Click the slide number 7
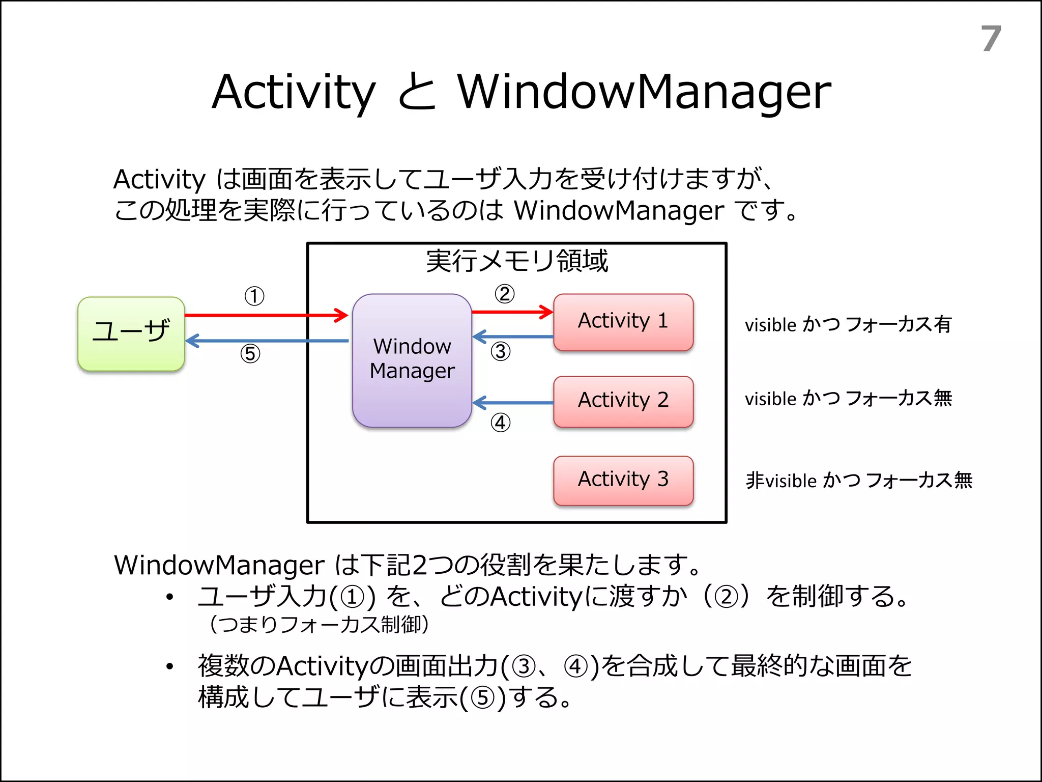pyautogui.click(x=991, y=39)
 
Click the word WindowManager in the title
pyautogui.click(x=644, y=92)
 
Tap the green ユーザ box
pyautogui.click(x=131, y=333)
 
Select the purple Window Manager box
pyautogui.click(x=412, y=360)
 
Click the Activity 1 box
pyautogui.click(x=623, y=322)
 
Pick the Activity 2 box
pyautogui.click(x=623, y=401)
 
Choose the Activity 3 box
pyautogui.click(x=623, y=480)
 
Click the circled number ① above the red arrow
pyautogui.click(x=254, y=296)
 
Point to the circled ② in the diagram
pyautogui.click(x=504, y=294)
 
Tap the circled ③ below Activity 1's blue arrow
pyautogui.click(x=501, y=351)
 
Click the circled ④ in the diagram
pyautogui.click(x=501, y=422)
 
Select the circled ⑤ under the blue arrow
pyautogui.click(x=250, y=353)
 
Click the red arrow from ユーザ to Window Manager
pyautogui.click(x=265, y=315)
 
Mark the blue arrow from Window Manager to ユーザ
pyautogui.click(x=265, y=341)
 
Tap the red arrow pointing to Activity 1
pyautogui.click(x=511, y=312)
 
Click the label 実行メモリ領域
pyautogui.click(x=516, y=261)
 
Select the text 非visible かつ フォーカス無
pyautogui.click(x=859, y=480)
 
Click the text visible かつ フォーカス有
pyautogui.click(x=848, y=324)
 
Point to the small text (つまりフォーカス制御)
pyautogui.click(x=319, y=624)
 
